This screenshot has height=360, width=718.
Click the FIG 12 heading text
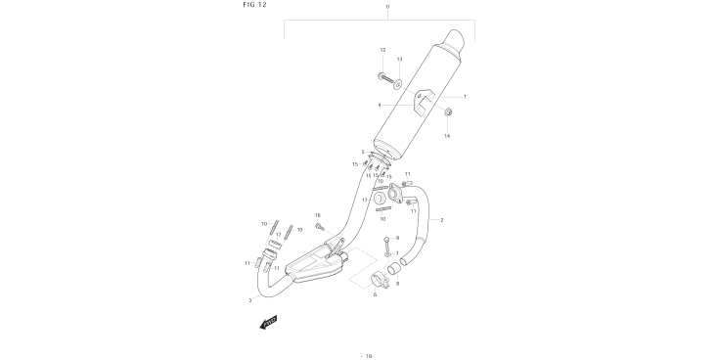point(254,5)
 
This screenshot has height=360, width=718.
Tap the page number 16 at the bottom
point(368,356)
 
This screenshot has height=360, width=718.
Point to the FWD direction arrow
point(268,322)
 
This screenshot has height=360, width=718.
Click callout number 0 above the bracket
point(387,7)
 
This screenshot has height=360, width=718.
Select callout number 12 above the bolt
point(382,50)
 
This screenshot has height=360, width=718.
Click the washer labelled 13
point(397,84)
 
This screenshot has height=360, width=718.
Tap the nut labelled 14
point(448,112)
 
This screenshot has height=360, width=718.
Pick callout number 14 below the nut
point(447,136)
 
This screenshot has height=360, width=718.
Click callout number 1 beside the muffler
point(465,97)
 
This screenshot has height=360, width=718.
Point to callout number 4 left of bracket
point(380,105)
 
